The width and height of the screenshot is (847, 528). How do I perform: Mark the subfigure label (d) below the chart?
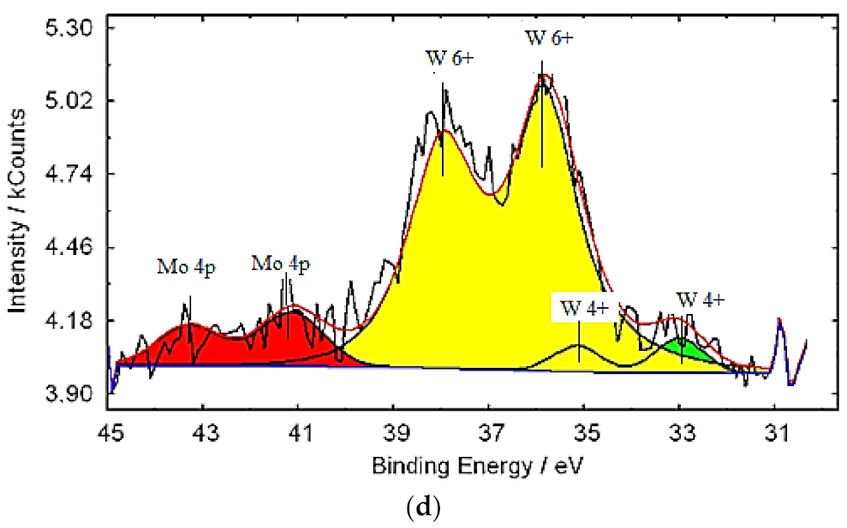pos(423,508)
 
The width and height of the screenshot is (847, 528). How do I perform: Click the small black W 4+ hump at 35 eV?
pos(580,349)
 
